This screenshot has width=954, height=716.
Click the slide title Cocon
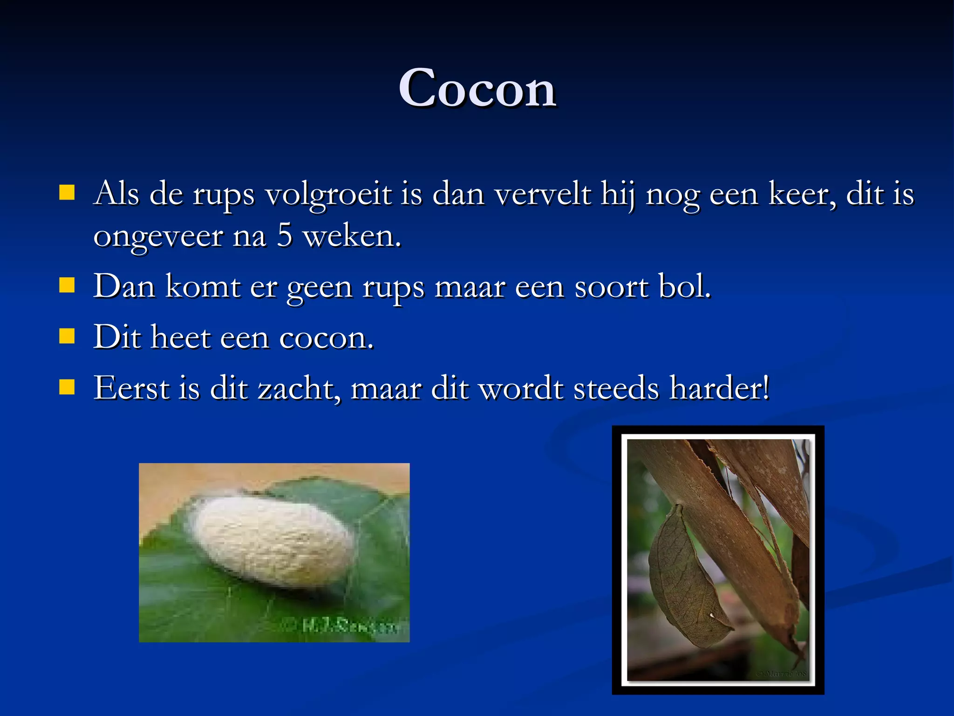coord(477,89)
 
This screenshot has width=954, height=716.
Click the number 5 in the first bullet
coord(285,235)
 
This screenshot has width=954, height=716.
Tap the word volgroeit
coord(328,193)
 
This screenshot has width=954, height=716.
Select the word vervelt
coord(543,193)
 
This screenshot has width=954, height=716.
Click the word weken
coord(352,235)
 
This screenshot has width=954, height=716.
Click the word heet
coord(180,337)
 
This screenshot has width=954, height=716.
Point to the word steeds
coord(616,388)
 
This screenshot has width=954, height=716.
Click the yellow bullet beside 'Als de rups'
coord(67,193)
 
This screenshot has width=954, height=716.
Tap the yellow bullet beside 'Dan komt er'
coord(67,285)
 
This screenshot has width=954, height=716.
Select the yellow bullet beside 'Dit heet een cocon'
coord(67,336)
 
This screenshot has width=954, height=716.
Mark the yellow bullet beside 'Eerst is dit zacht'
coord(67,386)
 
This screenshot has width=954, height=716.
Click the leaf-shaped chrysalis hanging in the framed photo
coord(685,578)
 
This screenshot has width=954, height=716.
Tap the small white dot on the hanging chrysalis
coord(712,616)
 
